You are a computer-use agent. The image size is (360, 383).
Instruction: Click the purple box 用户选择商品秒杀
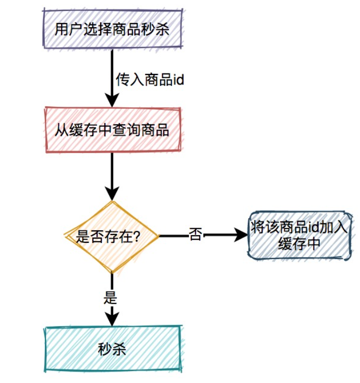click(x=112, y=29)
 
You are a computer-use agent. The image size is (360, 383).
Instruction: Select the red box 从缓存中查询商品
click(x=112, y=130)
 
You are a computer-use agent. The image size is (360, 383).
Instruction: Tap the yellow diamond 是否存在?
click(x=111, y=236)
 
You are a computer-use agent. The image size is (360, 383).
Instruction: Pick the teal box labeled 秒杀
click(x=112, y=349)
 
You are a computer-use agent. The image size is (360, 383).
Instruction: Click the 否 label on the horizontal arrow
click(x=196, y=236)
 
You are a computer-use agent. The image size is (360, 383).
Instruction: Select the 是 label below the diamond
click(x=111, y=298)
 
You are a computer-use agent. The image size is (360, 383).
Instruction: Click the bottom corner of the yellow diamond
click(x=111, y=273)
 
